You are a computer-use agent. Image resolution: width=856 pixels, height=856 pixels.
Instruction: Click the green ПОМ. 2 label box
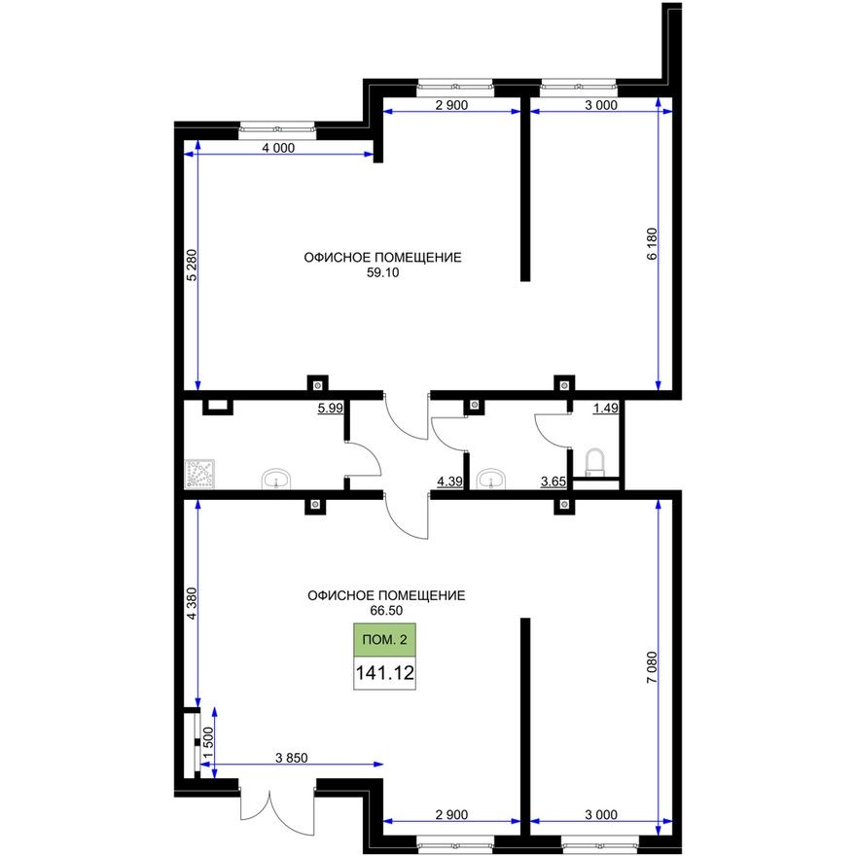[x=384, y=640]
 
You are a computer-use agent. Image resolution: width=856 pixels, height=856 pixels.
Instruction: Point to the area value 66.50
[x=385, y=610]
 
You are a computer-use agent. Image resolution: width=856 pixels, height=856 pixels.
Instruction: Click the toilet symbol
[x=594, y=461]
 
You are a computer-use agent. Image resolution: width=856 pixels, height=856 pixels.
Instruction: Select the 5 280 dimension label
[x=191, y=267]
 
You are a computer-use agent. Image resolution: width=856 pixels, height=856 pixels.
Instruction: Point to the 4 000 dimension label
[x=278, y=149]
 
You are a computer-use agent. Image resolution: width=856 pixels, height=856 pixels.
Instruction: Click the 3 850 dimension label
[x=292, y=759]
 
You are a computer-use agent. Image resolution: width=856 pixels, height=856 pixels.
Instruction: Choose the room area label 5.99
[x=330, y=409]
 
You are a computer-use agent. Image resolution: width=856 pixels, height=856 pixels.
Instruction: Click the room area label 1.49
[x=606, y=409]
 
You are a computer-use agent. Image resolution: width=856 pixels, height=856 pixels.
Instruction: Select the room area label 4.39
[x=449, y=481]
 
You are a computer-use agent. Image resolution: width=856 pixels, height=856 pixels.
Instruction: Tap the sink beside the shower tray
[x=277, y=479]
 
